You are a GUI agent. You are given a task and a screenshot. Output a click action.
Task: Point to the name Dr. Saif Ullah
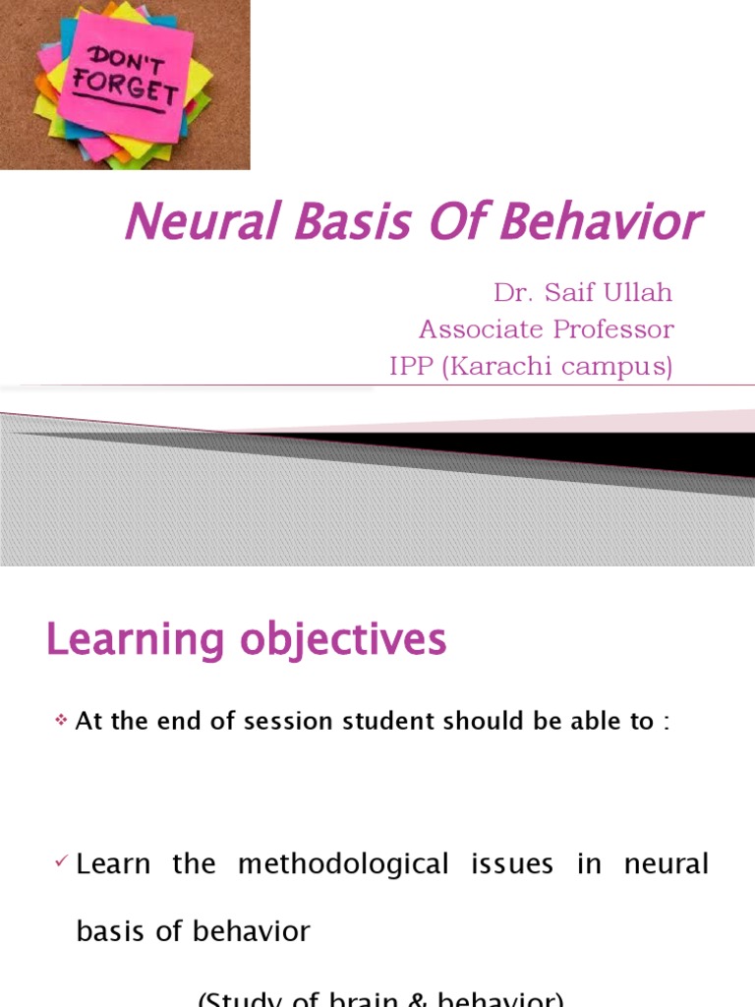click(x=583, y=293)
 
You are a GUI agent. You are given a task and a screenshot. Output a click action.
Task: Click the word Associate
click(x=469, y=328)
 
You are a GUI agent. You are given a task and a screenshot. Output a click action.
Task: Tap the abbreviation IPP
click(x=412, y=366)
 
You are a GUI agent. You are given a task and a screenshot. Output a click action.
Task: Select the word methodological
click(x=343, y=864)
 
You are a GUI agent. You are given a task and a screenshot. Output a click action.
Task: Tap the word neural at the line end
click(x=667, y=864)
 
